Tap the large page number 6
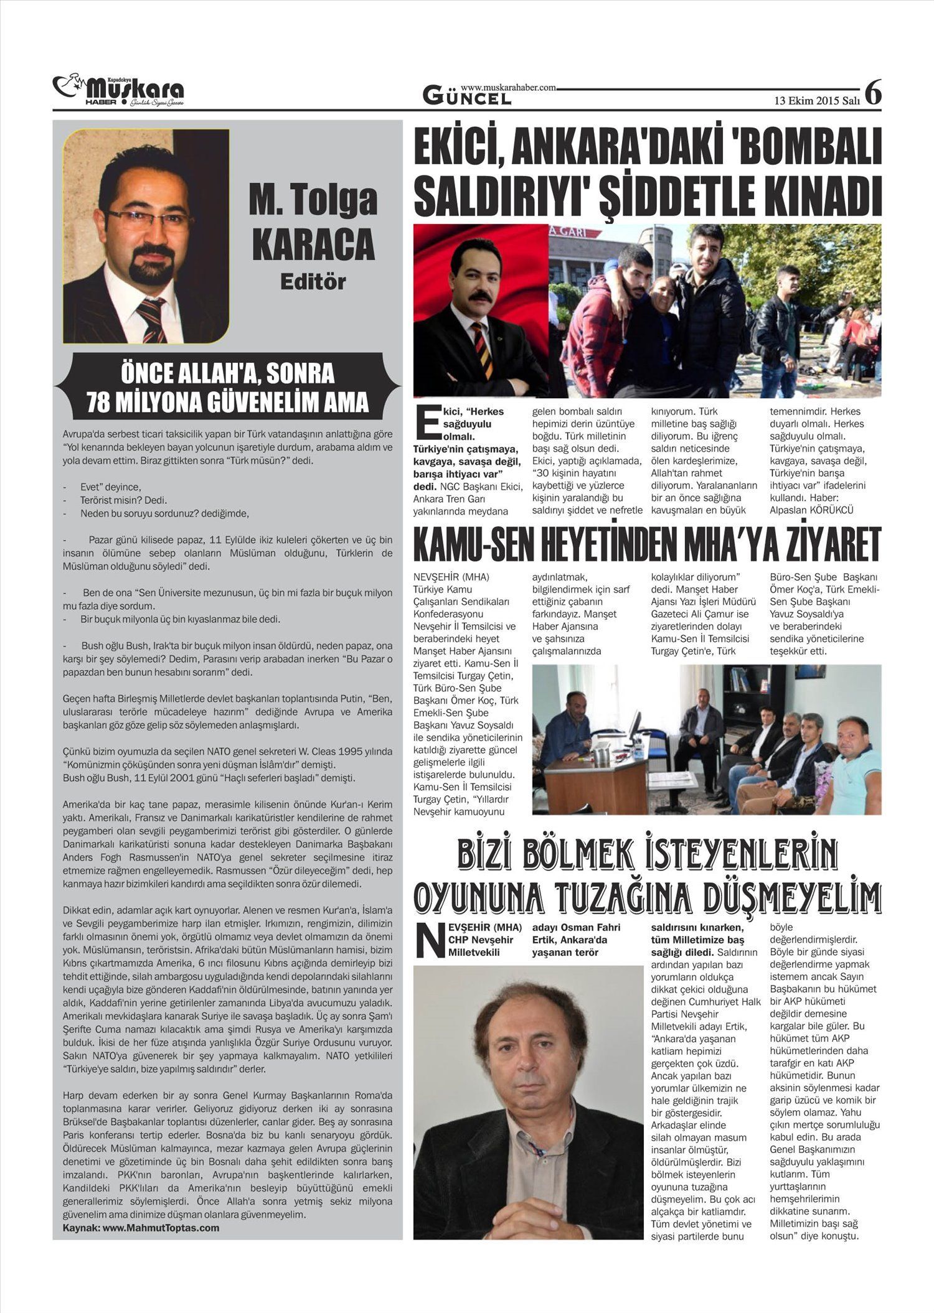click(873, 93)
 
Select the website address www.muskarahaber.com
click(508, 88)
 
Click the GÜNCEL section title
click(467, 97)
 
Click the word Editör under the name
click(313, 281)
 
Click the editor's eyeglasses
click(149, 219)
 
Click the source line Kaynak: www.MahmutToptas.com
click(141, 1228)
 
